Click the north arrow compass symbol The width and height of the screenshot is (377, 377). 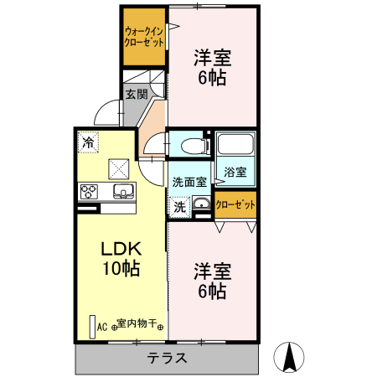[289, 358]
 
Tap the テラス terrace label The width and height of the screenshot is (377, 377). [167, 359]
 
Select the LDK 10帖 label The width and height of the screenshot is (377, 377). [121, 259]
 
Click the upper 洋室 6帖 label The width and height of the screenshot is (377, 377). [211, 68]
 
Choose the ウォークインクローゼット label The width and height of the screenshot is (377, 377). [143, 36]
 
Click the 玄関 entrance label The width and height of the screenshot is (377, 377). [137, 94]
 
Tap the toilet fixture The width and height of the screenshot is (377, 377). [194, 145]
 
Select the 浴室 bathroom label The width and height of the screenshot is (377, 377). [235, 172]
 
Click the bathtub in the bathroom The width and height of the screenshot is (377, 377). [235, 145]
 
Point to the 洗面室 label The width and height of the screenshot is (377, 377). [188, 181]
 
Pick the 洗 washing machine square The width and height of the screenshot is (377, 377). [179, 204]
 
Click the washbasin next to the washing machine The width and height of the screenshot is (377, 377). [201, 204]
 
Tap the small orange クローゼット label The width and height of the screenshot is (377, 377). [235, 204]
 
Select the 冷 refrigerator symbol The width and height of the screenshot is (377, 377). [88, 142]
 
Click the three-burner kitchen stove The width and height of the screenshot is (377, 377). [89, 192]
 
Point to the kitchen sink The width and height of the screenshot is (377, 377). [122, 192]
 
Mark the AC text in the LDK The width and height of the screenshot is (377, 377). [102, 327]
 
